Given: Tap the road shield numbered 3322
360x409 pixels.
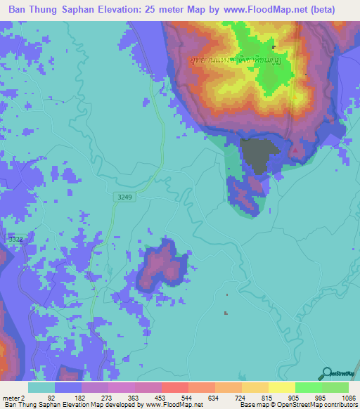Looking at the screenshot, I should coord(15,240).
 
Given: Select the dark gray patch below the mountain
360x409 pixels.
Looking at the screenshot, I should coord(255,155).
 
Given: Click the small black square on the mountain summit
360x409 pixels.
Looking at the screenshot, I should coord(274,48).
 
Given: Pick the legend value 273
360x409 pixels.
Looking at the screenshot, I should coord(104,397).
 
